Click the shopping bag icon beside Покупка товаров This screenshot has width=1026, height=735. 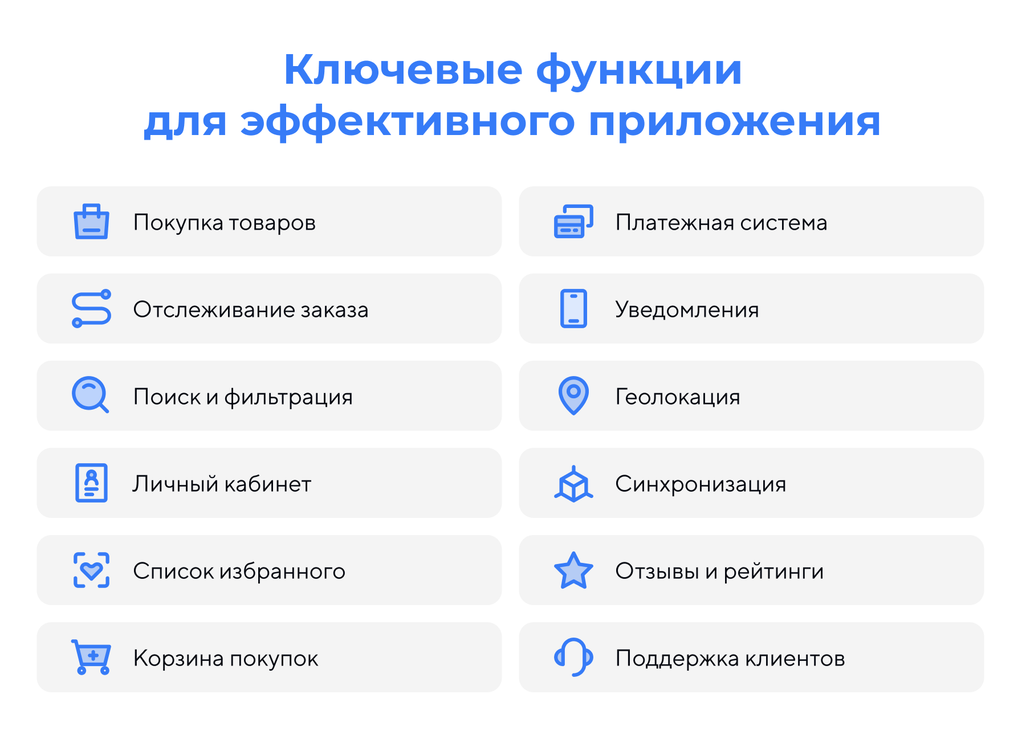click(91, 222)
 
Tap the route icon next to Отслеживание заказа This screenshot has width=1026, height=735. click(91, 309)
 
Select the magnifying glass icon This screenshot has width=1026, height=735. click(90, 394)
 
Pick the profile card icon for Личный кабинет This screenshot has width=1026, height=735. click(91, 483)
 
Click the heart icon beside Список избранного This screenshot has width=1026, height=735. click(91, 570)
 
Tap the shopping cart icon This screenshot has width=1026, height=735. click(91, 657)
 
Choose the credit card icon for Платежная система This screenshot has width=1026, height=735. click(573, 222)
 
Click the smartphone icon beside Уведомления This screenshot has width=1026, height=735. click(573, 309)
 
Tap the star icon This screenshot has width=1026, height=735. click(573, 570)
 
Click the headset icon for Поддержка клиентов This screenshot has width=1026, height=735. click(573, 657)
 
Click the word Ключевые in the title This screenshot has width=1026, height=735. click(403, 70)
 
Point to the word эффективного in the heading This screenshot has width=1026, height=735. click(408, 121)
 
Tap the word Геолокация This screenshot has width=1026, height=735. click(677, 397)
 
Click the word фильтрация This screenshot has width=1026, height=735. click(288, 397)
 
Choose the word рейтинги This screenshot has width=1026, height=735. click(773, 571)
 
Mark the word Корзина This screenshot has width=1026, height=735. click(178, 659)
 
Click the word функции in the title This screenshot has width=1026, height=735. click(639, 70)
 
